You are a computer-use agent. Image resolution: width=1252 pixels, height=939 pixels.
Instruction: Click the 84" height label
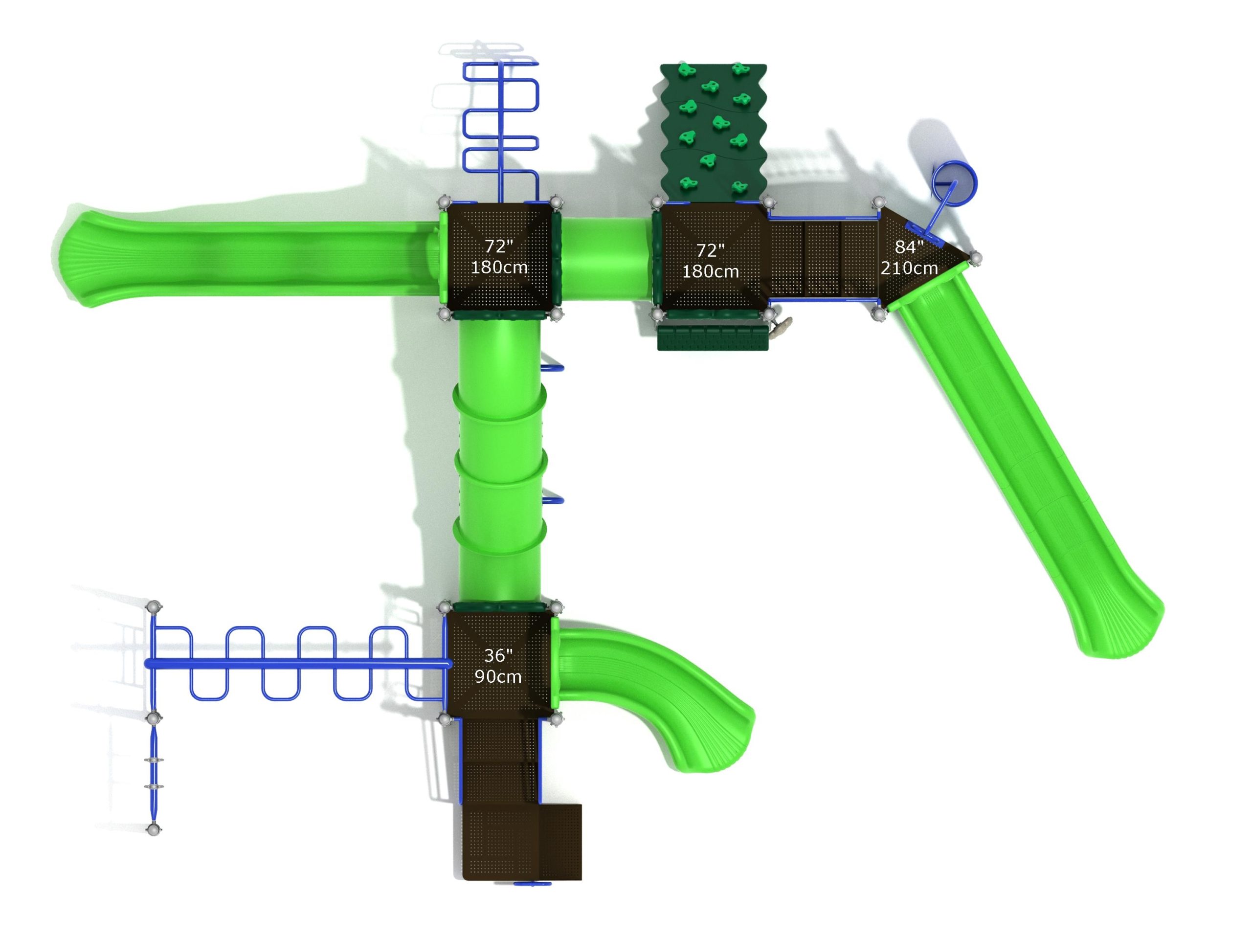click(909, 247)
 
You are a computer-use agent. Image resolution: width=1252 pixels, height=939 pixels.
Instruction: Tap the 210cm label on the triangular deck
click(909, 268)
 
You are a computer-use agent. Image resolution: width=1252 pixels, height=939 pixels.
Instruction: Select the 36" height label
click(498, 655)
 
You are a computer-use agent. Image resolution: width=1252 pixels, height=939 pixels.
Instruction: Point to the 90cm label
click(498, 676)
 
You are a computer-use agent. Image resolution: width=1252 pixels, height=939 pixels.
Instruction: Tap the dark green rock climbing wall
click(714, 133)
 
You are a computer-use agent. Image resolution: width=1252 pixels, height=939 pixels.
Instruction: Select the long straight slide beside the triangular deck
click(1025, 464)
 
